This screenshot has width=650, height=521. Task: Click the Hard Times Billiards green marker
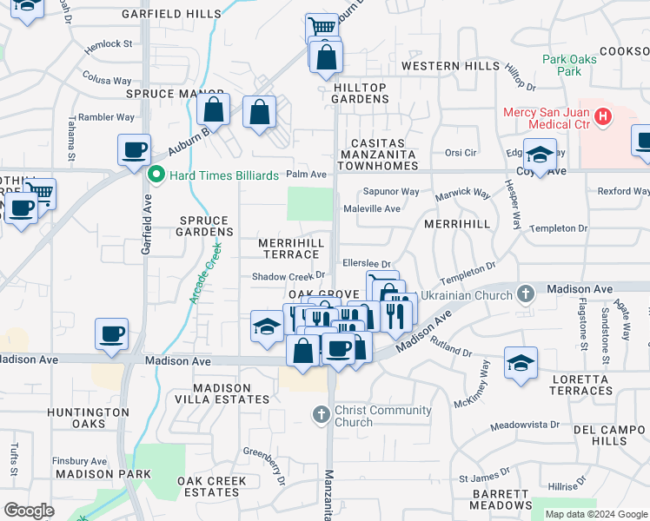click(157, 175)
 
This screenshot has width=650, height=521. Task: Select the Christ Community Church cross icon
click(321, 414)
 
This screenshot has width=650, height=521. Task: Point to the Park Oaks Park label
click(569, 65)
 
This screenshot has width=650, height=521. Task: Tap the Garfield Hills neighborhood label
click(159, 15)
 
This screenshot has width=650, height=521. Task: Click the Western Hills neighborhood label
click(451, 66)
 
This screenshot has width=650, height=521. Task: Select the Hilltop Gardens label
click(360, 93)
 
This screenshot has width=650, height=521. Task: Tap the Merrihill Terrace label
click(291, 248)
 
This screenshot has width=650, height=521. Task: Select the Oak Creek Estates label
click(212, 486)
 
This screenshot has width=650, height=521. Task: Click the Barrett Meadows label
click(501, 498)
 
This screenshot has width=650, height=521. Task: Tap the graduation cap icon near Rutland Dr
click(521, 363)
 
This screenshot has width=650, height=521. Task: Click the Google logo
click(29, 511)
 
